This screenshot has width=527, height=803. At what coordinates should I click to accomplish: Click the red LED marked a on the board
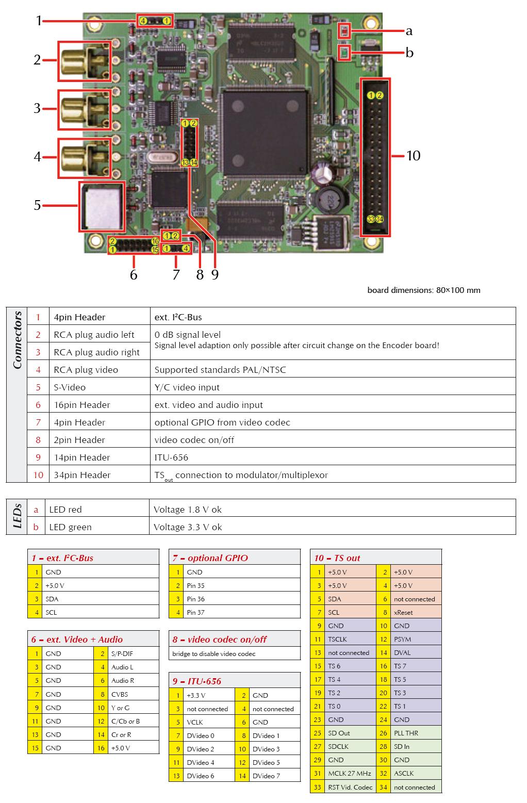click(344, 31)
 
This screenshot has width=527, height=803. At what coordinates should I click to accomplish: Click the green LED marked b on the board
click(344, 53)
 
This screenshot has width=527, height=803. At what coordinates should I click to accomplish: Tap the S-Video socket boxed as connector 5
click(102, 207)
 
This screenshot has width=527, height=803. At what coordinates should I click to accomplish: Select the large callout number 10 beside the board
click(413, 156)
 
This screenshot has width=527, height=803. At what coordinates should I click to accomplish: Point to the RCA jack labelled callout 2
click(85, 61)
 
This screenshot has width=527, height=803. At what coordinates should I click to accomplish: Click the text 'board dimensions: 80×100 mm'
click(424, 290)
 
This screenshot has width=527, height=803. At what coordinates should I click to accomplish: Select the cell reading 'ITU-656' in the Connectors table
click(171, 457)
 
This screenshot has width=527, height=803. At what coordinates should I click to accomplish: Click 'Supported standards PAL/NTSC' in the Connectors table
click(220, 370)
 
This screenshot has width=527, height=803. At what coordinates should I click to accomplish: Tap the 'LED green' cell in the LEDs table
click(70, 527)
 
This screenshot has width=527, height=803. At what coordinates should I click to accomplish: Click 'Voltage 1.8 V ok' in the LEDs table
click(188, 510)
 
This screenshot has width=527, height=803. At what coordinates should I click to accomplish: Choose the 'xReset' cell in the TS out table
click(403, 612)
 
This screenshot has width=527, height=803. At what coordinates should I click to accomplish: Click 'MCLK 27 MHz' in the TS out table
click(350, 773)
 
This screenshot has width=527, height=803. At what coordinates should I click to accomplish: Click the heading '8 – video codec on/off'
click(219, 639)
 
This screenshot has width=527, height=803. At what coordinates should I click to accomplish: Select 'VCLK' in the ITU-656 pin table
click(195, 722)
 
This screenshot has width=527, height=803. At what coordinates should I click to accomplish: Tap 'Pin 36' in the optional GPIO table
click(195, 599)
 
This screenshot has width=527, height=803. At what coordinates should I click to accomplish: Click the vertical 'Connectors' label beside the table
click(17, 340)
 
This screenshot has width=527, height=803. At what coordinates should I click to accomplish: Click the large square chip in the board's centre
click(265, 132)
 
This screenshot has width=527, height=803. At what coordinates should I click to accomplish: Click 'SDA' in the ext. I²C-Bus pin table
click(52, 599)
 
